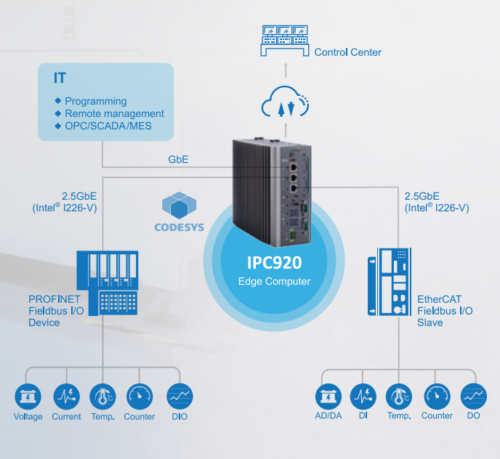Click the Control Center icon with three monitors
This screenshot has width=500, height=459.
point(284,42)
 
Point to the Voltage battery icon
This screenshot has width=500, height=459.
point(28,397)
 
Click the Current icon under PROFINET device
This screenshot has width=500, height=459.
point(66,397)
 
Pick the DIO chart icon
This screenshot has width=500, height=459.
point(180,397)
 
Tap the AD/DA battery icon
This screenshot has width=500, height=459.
point(327,397)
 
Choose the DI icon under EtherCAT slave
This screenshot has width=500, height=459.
point(363,397)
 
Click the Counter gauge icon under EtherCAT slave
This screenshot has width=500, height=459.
point(437,397)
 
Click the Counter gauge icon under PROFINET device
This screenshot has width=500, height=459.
point(139,397)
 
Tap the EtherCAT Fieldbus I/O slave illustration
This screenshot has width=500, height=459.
point(390,282)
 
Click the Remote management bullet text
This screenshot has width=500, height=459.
point(114,114)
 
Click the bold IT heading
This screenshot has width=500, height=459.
point(60,78)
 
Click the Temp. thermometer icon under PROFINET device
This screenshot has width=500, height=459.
point(102,397)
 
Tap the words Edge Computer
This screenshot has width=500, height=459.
point(274,282)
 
